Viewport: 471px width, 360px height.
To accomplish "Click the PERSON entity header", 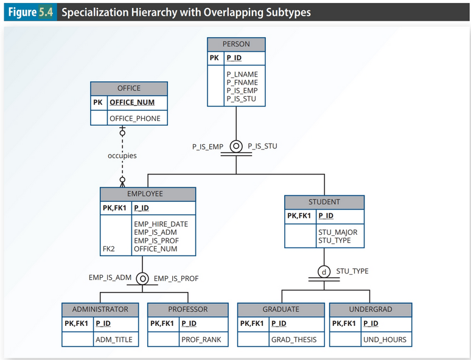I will (x=236, y=44).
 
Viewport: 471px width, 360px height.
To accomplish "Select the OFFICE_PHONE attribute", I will (x=134, y=118).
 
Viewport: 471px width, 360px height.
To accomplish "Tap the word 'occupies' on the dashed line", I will (x=122, y=156).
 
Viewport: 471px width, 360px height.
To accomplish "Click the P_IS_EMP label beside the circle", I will (x=208, y=147).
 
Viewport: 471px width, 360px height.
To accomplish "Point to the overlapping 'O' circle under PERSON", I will (x=236, y=147).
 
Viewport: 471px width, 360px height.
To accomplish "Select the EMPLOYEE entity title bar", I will (x=148, y=194).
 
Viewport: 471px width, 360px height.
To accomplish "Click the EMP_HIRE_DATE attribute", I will (x=161, y=224).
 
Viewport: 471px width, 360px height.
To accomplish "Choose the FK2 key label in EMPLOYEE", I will (x=108, y=249).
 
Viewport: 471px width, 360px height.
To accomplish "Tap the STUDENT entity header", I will (x=324, y=202).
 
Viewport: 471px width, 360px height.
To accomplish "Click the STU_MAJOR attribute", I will (x=338, y=232).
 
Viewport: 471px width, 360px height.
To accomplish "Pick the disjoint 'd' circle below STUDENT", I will (x=324, y=271).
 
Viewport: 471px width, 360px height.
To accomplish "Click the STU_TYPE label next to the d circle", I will (x=352, y=271).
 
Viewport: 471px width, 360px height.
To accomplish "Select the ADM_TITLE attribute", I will (x=114, y=339).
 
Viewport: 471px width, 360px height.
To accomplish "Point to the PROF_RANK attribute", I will (x=201, y=339).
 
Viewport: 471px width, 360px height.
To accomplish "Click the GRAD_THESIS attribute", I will (x=294, y=339).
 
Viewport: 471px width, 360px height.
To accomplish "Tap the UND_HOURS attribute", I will (x=385, y=339).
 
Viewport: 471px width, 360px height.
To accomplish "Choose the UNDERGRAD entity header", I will (x=371, y=310).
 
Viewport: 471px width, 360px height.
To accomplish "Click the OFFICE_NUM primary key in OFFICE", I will (x=132, y=102).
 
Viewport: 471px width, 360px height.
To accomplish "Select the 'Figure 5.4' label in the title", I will (x=30, y=12).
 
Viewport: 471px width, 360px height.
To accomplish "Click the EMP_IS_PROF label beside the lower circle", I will (x=176, y=279).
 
